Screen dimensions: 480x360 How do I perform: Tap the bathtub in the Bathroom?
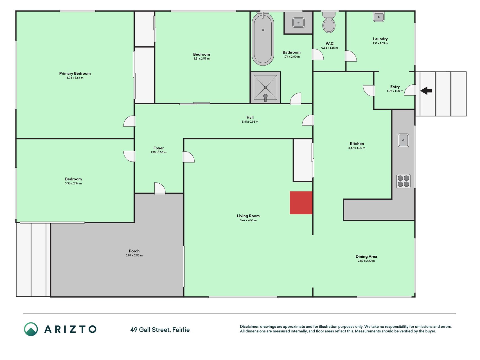coord(263,39)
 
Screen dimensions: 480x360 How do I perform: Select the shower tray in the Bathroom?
coord(265,87)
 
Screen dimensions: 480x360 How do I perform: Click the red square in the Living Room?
coord(301,203)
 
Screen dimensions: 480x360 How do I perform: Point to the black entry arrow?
coord(426,91)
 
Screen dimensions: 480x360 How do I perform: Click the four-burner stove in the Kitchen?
coord(404,181)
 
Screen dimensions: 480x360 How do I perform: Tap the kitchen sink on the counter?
coord(404,140)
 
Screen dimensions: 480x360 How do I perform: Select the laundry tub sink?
coord(379,17)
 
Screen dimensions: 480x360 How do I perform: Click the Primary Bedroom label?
coord(75,73)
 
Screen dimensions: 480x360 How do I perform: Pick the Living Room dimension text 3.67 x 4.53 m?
coord(248,220)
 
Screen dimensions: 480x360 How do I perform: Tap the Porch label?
coord(134,251)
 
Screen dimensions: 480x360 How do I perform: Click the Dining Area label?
coord(366,256)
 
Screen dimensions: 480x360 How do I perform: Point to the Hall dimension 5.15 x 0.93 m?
coord(250,122)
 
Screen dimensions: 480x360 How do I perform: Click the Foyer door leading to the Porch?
coord(160,188)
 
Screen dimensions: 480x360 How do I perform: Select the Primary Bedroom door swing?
coord(129,121)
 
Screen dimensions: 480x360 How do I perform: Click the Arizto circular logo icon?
coord(31,329)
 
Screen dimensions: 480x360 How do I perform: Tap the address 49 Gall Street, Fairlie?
coord(160,330)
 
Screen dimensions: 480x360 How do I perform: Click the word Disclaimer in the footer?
coord(249,327)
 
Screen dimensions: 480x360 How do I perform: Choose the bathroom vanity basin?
coord(298,22)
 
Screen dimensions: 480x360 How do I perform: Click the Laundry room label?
coord(380,39)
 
